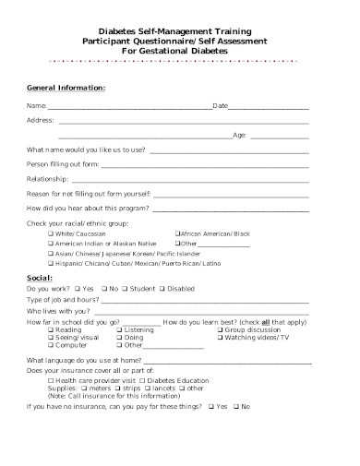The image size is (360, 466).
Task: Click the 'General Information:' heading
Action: [x=66, y=88]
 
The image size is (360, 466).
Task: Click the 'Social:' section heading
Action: [x=39, y=277]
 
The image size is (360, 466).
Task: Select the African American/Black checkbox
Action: [x=177, y=233]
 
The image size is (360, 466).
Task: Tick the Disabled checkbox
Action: [x=162, y=289]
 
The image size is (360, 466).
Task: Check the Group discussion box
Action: [x=219, y=329]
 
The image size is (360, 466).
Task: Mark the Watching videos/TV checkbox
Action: [x=219, y=337]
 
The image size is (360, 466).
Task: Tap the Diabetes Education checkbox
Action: [x=143, y=380]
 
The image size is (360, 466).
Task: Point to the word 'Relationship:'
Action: [x=48, y=177]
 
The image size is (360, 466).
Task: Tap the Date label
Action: [x=221, y=106]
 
